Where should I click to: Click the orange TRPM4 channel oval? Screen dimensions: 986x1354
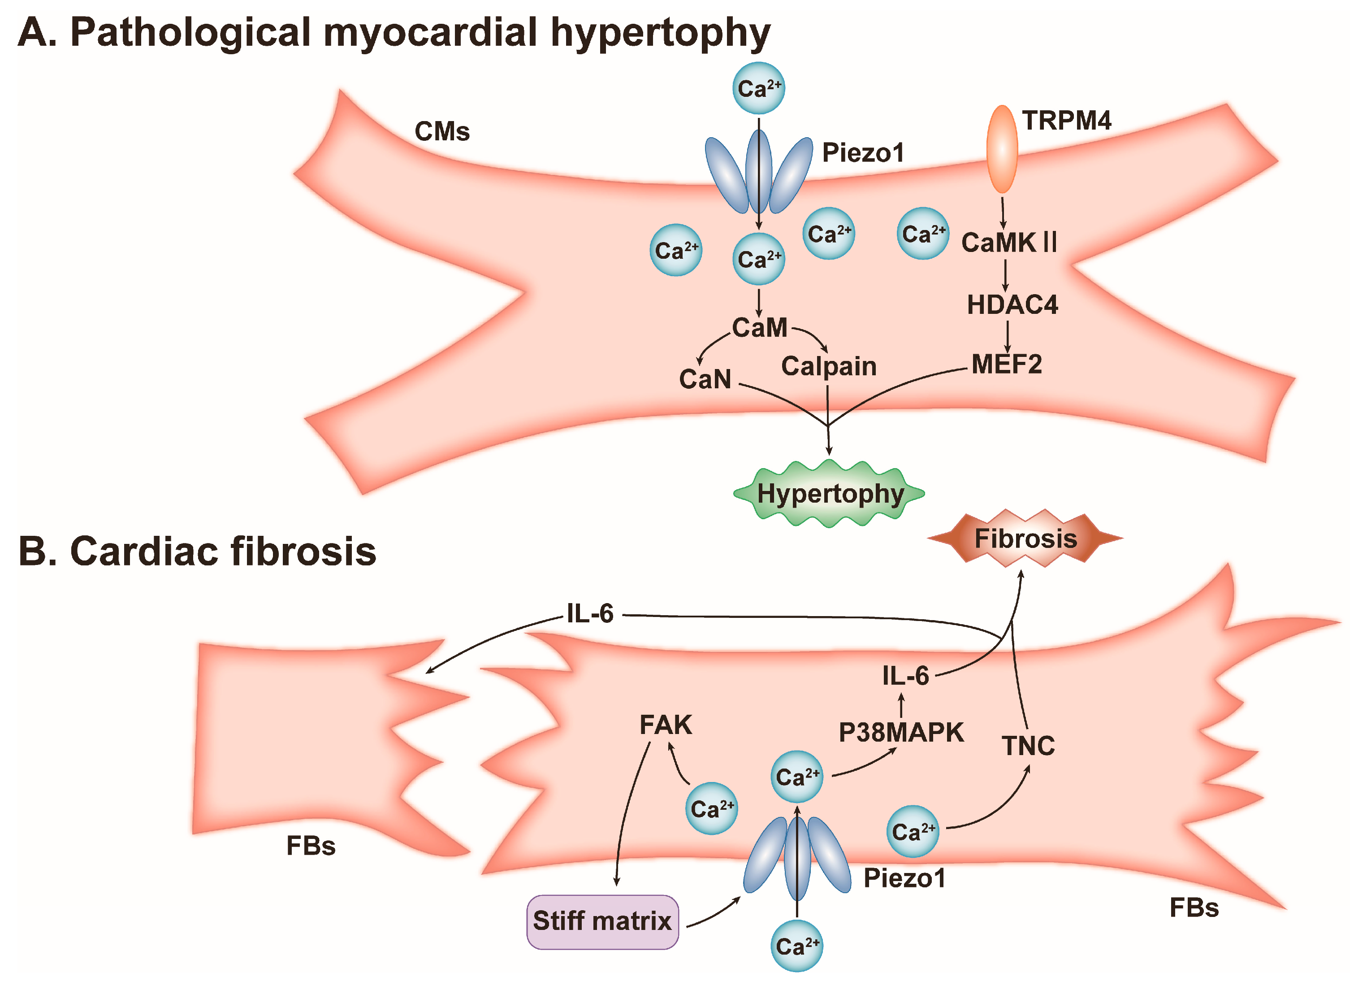1002,149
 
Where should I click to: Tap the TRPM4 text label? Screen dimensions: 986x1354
1066,121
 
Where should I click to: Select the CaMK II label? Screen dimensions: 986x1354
1009,243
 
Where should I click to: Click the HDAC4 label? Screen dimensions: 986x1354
1012,305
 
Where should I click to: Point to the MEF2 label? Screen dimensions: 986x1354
1007,364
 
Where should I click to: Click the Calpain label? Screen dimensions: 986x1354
829,366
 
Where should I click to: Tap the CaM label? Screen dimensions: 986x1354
759,328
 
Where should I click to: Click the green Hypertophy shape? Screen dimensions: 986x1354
829,493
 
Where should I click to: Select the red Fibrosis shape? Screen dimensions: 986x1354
1025,538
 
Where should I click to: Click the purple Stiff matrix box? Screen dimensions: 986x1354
602,921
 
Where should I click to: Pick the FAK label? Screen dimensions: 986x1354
665,725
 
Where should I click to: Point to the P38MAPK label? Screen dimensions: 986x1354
901,732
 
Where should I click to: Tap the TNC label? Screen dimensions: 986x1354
1028,746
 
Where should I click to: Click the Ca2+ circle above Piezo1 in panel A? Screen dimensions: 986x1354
759,88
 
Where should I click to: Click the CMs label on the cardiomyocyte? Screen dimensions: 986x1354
442,131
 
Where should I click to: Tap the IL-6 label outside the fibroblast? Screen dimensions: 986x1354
589,613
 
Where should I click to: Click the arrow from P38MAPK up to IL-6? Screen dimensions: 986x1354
901,705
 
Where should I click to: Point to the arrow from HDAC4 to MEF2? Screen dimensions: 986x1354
1008,336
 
